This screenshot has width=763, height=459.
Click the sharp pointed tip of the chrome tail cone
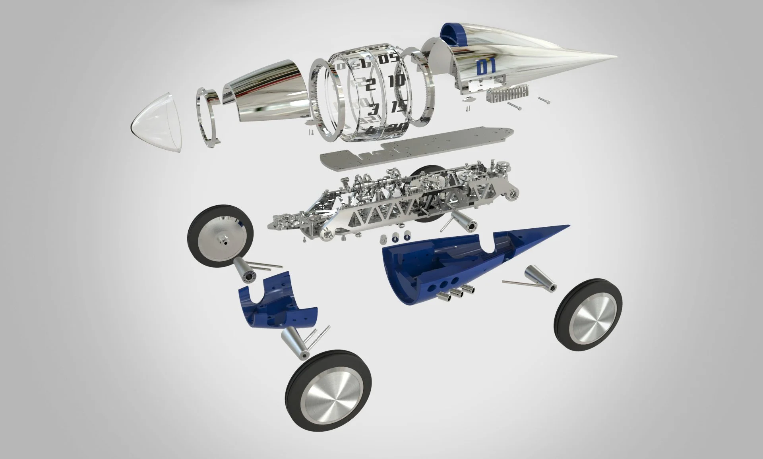pyautogui.click(x=617, y=55)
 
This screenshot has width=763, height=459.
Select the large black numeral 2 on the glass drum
pyautogui.click(x=370, y=85)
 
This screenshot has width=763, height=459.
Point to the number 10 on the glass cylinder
pyautogui.click(x=397, y=81)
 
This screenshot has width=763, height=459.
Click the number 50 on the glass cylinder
pyautogui.click(x=388, y=59)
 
